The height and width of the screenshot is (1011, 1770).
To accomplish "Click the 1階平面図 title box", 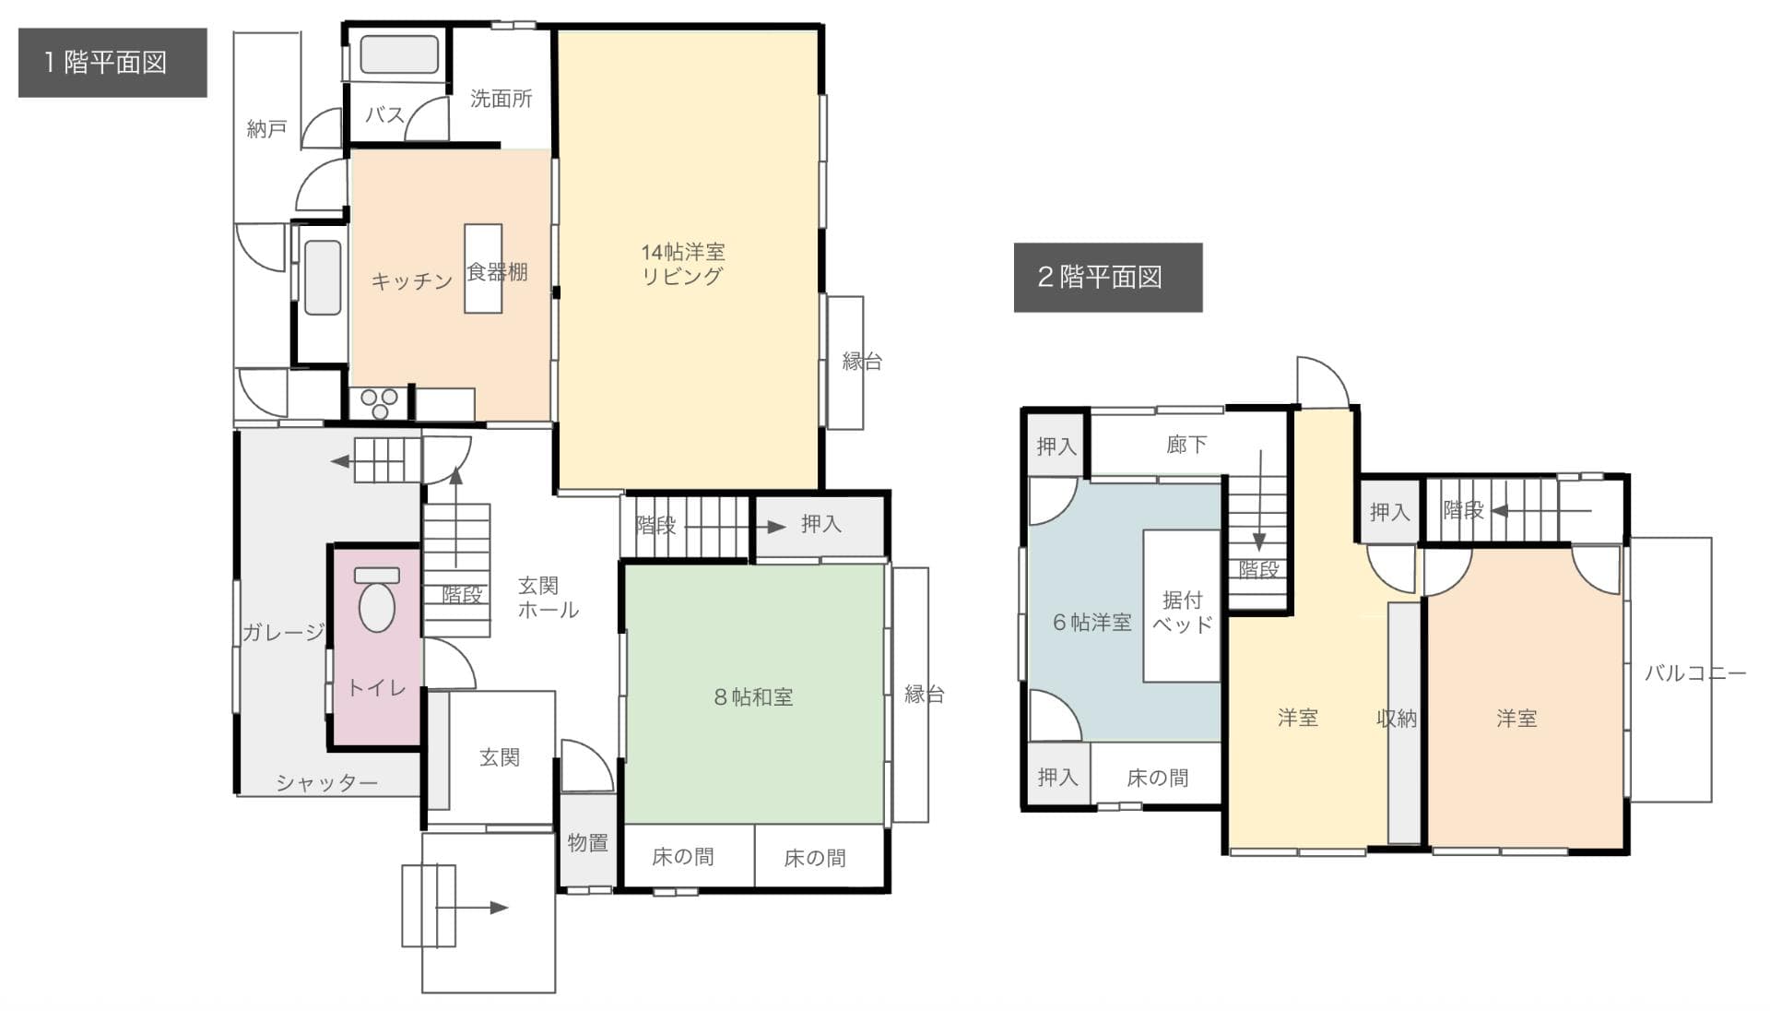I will click(112, 63).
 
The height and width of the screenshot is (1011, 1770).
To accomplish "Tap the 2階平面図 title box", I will click(1107, 277).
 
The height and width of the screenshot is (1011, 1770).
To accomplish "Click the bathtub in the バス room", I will click(399, 54).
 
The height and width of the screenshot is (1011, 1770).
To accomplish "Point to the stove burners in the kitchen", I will click(379, 403).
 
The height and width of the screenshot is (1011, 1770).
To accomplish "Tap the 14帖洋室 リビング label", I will click(682, 264).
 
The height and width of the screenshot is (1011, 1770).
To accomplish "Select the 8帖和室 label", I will click(753, 697).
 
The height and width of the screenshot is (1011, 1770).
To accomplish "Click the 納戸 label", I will click(266, 129).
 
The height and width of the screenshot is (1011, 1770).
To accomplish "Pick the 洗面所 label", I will click(501, 99).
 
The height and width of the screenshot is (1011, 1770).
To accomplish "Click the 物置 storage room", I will click(587, 842).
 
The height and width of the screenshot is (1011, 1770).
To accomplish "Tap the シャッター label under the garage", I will click(326, 783).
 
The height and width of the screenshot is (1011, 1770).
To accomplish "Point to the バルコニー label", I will click(1694, 673).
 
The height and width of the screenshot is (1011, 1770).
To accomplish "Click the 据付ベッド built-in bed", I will click(1182, 611).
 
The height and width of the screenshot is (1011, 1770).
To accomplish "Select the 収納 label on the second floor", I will click(1396, 718).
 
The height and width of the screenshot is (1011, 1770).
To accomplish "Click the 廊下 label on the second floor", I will click(1186, 445).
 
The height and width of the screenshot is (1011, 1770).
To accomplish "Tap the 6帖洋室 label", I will click(1091, 623).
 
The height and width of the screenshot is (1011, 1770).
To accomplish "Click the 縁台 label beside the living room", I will click(861, 362).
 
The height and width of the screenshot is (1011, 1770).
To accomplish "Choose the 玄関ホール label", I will click(547, 598).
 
